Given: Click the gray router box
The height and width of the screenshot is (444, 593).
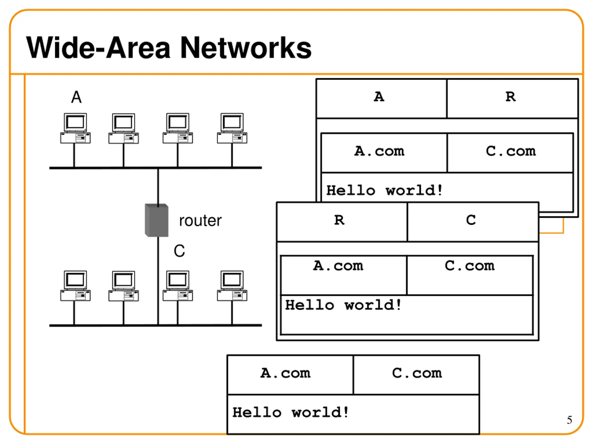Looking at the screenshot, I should (157, 220).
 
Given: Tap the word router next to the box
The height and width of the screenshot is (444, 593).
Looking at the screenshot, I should (200, 221).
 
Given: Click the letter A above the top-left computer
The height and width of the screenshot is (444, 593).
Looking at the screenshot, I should (76, 97).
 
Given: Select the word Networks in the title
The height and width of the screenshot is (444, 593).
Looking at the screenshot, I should (246, 48).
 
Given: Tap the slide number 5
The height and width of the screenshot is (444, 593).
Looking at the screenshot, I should (569, 420).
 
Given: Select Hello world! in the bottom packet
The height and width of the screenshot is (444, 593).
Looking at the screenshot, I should (291, 412).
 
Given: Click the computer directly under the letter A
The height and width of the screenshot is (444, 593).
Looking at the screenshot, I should (75, 129).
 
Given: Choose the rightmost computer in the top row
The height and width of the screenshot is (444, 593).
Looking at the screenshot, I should (232, 129).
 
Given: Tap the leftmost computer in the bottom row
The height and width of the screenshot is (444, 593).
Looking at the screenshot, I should (75, 286).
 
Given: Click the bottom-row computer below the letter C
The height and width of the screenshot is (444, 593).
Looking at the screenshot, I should (178, 286).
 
